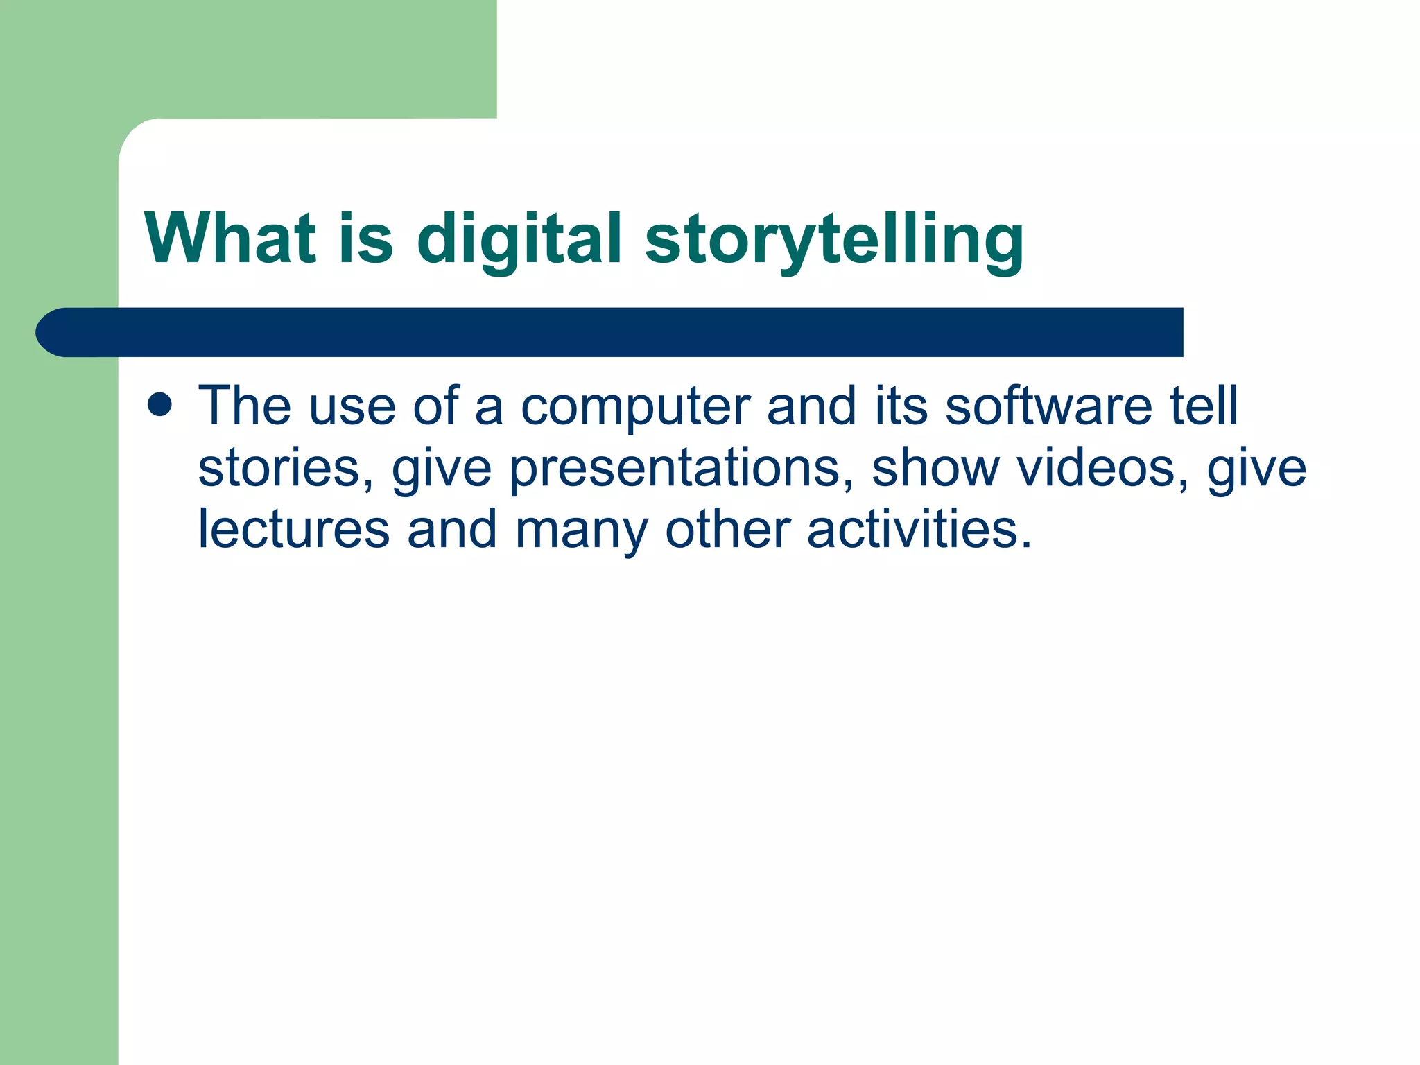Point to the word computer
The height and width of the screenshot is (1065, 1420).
(x=635, y=408)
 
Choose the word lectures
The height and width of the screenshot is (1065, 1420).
(x=293, y=530)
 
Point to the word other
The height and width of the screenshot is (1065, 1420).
(x=727, y=530)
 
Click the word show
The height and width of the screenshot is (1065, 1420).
(x=935, y=468)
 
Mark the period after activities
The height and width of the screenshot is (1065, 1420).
(x=1027, y=544)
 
